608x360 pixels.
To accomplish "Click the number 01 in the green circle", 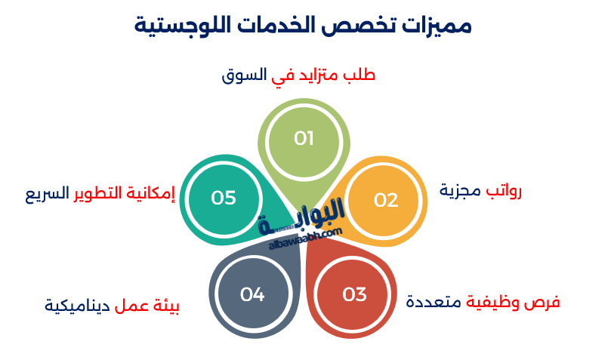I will tap(304, 138).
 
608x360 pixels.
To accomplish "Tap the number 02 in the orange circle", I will tap(386, 200).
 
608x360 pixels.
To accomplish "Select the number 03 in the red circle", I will tap(354, 294).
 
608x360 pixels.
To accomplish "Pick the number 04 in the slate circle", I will tap(252, 294).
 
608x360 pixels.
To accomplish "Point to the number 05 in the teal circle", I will tap(224, 198).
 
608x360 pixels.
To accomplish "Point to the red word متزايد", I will tap(317, 75).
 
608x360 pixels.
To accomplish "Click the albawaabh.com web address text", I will tap(306, 239).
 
